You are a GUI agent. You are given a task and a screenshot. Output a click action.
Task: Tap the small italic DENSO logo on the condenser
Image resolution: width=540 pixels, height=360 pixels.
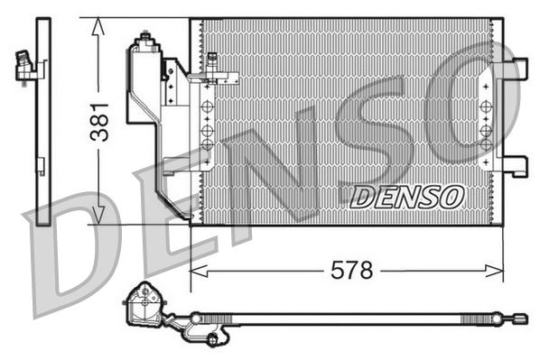click(x=406, y=196)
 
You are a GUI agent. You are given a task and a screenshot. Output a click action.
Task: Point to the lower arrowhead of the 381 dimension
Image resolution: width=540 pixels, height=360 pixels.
click(x=98, y=216)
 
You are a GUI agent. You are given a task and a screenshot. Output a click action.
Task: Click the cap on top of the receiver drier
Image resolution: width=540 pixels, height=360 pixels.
click(x=144, y=40)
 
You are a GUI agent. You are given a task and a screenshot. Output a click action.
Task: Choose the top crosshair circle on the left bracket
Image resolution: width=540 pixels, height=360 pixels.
click(x=206, y=108)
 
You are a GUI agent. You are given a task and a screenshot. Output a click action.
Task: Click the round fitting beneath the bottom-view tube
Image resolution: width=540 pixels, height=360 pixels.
click(x=213, y=339)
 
